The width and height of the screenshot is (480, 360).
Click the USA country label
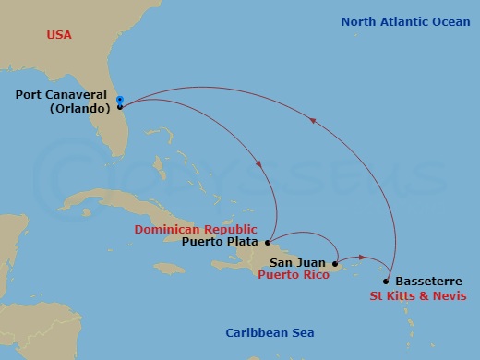(59, 35)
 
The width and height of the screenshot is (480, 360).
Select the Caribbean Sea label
(270, 332)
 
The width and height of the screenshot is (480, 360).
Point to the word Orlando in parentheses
(78, 108)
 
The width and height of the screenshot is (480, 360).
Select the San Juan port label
(289, 262)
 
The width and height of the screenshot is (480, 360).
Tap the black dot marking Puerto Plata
(268, 244)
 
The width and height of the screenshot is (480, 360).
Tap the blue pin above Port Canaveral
(120, 97)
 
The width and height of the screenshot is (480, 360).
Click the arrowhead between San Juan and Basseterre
(362, 258)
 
